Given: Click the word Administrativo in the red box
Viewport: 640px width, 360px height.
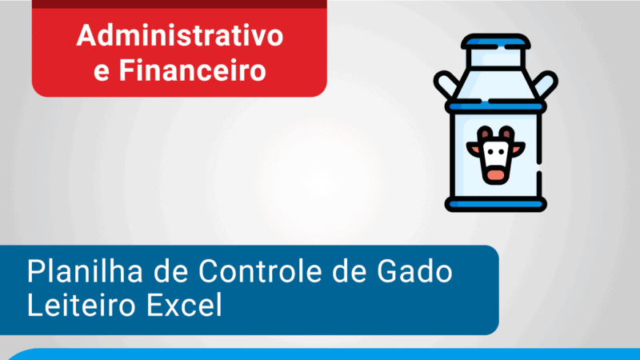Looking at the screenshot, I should (x=180, y=36).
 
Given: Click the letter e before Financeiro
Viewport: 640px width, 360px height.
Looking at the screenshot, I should (x=102, y=71).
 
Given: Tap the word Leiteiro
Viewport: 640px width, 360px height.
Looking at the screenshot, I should (x=77, y=306).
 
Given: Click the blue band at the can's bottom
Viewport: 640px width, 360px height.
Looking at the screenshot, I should (x=495, y=205).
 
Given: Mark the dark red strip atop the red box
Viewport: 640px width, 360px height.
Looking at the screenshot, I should (x=180, y=3).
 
